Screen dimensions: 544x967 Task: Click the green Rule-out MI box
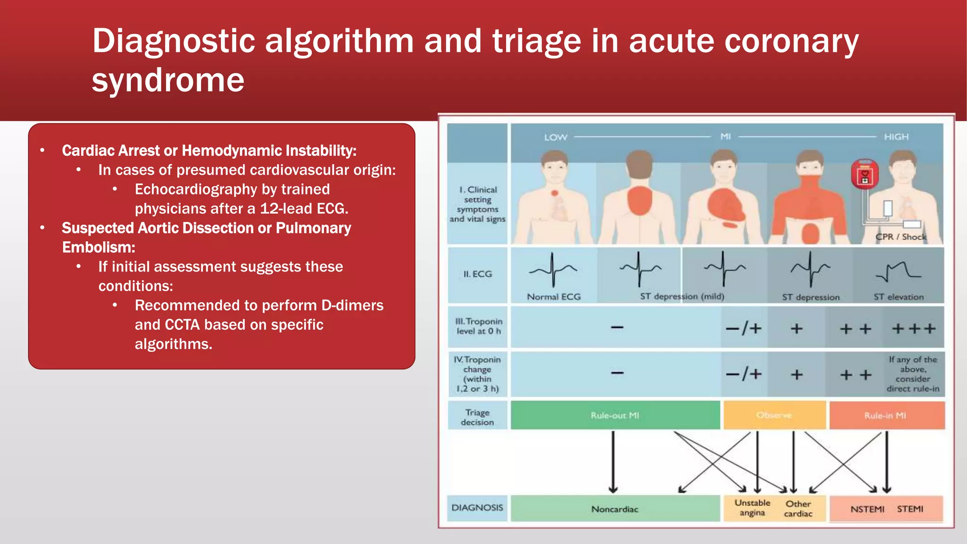point(615,415)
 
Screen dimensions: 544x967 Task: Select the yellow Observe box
point(774,415)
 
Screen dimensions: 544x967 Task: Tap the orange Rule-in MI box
point(886,415)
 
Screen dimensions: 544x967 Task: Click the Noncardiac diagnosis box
point(615,509)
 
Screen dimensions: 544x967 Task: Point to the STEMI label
point(910,509)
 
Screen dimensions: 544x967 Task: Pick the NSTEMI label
point(867,509)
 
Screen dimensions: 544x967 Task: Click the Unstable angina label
point(752,508)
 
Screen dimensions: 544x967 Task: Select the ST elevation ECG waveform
point(898,272)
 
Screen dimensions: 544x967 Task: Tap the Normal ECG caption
point(553,297)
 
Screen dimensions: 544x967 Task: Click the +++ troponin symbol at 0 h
point(913,328)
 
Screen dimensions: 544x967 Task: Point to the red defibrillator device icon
point(865,174)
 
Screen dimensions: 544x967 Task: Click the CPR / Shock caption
point(900,237)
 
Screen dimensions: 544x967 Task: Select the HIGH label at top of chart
point(896,137)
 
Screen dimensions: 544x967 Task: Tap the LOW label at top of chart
point(555,137)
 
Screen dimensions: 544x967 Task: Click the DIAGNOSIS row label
point(477,508)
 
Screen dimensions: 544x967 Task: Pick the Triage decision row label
point(477,417)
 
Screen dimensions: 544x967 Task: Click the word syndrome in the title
point(168,80)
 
